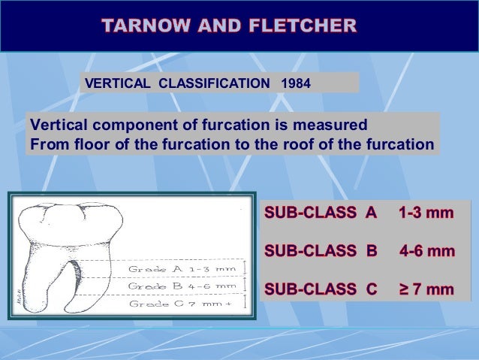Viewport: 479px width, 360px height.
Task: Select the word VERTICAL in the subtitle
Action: (x=119, y=83)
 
